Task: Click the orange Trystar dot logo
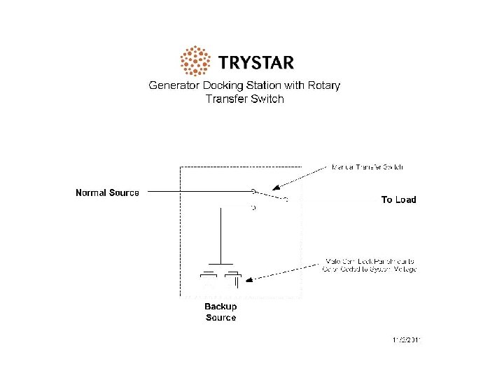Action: [195, 62]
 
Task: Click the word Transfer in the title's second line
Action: [227, 99]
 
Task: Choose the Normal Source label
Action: [107, 192]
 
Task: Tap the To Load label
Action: [398, 199]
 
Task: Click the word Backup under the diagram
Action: [220, 307]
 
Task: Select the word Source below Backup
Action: [220, 318]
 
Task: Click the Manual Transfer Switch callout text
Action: [367, 167]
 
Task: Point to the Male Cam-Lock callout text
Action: [369, 265]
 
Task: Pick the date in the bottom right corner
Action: [407, 341]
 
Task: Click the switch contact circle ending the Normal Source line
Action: [253, 191]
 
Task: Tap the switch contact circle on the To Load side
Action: [286, 199]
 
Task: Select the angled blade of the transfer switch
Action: [269, 195]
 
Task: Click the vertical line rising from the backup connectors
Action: [221, 234]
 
